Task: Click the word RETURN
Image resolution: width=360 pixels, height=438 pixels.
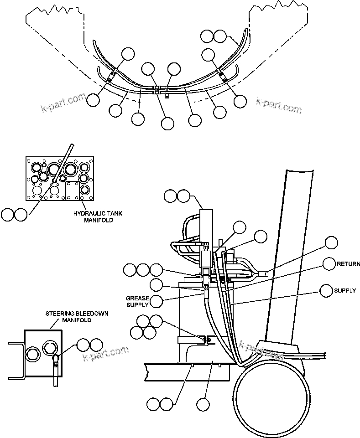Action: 348,264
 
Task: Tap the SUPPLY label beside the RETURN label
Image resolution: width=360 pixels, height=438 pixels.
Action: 345,290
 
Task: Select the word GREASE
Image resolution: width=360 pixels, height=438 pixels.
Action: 137,298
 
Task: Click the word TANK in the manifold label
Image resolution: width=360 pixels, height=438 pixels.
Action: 113,213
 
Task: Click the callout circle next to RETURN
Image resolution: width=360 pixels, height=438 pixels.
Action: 329,264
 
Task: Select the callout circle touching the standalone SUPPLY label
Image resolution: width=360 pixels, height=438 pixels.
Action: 326,290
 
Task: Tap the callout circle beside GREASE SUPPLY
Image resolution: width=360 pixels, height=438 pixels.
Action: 157,301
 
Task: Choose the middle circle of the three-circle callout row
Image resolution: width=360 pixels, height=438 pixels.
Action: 143,270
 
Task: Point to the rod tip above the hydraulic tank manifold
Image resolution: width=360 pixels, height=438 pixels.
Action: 72,146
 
